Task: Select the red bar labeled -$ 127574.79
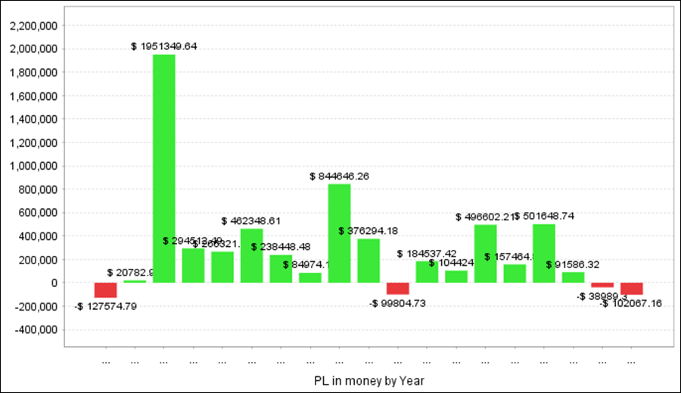(105, 290)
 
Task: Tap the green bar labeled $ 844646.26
(339, 233)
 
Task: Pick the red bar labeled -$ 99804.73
(397, 289)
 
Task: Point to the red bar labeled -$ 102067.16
(631, 289)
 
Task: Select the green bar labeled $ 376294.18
(368, 260)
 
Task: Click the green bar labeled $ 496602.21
(485, 254)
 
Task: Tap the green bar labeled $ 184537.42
(427, 272)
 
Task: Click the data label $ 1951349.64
(164, 46)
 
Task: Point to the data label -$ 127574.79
(106, 306)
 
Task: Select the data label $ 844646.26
(339, 176)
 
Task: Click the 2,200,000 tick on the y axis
(33, 26)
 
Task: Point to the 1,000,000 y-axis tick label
(33, 166)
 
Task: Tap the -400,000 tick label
(35, 330)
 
